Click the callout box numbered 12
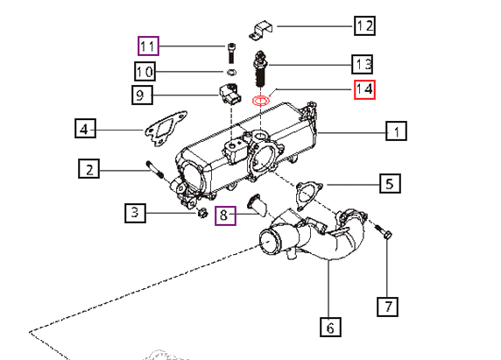[364, 25]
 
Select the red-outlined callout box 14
[364, 89]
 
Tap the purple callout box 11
[148, 46]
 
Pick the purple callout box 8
[225, 215]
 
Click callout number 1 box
[396, 131]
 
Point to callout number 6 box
[330, 327]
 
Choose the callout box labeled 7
[387, 307]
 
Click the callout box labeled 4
[85, 129]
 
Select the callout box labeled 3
[135, 213]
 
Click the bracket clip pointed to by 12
[261, 31]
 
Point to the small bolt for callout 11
[231, 53]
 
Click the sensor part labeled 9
[229, 94]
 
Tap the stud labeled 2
[155, 169]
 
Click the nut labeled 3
[202, 213]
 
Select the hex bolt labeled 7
[383, 231]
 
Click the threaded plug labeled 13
[261, 68]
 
